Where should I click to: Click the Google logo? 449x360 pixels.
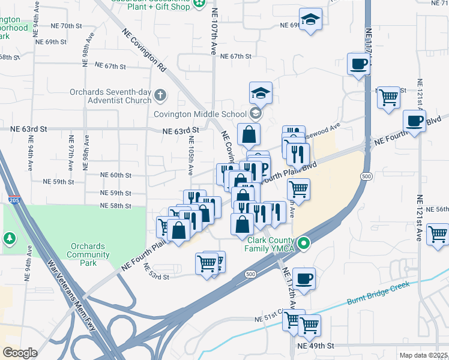pyautogui.click(x=20, y=352)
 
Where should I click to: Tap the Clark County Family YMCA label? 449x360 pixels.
pyautogui.click(x=272, y=243)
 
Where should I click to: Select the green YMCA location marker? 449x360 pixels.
pyautogui.click(x=304, y=243)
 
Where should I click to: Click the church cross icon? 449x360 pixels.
pyautogui.click(x=160, y=95)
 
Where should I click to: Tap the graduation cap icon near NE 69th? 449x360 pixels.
pyautogui.click(x=310, y=20)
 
